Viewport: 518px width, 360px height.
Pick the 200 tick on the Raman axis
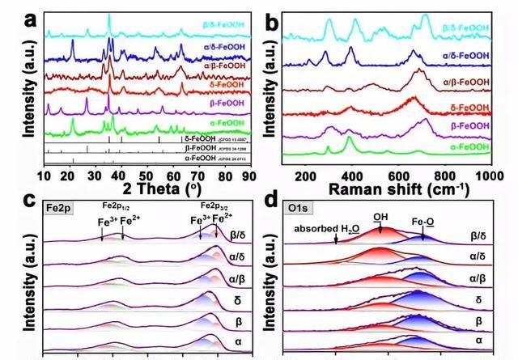click(x=305, y=174)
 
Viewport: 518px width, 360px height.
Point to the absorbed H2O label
click(x=326, y=229)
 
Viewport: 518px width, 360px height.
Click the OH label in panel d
click(x=381, y=216)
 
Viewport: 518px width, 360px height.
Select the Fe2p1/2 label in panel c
click(x=114, y=208)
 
